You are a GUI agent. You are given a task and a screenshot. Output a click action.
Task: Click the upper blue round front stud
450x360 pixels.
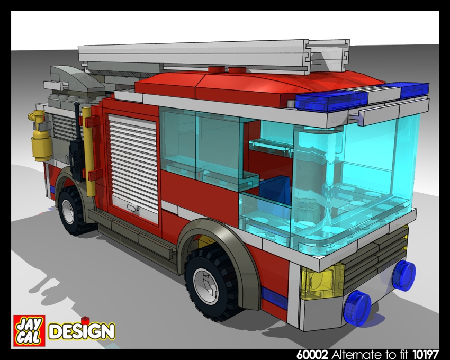pos(403,275)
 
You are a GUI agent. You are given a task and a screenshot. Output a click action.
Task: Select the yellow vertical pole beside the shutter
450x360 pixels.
pos(89,154)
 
